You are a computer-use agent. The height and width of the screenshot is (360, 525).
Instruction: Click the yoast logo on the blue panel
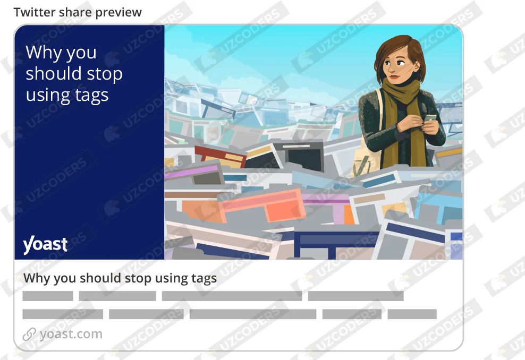click(45, 245)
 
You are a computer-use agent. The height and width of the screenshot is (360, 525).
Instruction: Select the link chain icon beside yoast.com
click(29, 334)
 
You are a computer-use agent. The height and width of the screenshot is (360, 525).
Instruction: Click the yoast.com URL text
click(71, 334)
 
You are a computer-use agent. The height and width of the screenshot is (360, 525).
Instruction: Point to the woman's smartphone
click(430, 118)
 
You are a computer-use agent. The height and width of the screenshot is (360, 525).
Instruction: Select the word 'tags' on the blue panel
click(91, 96)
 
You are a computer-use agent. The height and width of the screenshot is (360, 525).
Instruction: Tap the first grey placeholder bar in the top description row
click(48, 296)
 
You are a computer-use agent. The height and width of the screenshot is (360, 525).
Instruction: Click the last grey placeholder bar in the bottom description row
click(412, 314)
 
